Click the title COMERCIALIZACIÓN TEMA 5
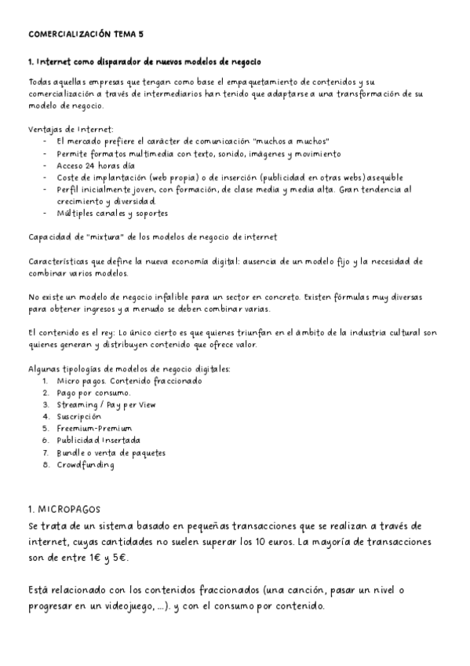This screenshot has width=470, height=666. pyautogui.click(x=86, y=35)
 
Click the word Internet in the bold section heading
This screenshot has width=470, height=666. pyautogui.click(x=60, y=61)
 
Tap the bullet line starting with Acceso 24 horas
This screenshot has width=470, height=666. pyautogui.click(x=96, y=166)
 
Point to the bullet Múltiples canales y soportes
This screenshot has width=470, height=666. pyautogui.click(x=112, y=214)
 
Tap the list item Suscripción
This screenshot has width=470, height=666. pyautogui.click(x=78, y=416)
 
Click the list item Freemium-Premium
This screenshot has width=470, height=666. pyautogui.click(x=94, y=429)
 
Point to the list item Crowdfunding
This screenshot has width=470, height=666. pyautogui.click(x=86, y=464)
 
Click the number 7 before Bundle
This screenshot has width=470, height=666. pyautogui.click(x=47, y=452)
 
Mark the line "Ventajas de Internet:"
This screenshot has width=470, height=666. pyautogui.click(x=71, y=128)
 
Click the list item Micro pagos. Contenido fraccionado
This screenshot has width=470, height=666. pyautogui.click(x=129, y=381)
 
